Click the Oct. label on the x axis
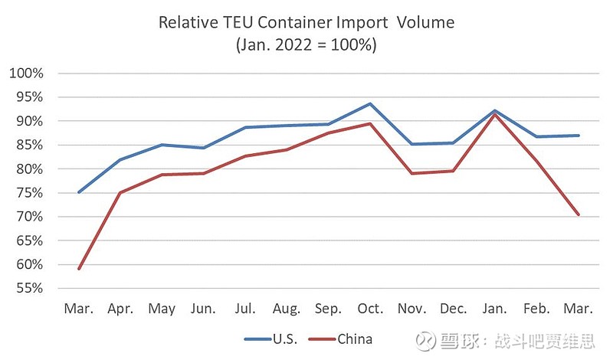[x=370, y=309]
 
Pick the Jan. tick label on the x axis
[x=495, y=309]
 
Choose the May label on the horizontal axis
[x=162, y=309]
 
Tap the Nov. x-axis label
[x=411, y=309]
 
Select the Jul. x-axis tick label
[x=245, y=309]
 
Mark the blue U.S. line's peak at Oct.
[x=370, y=103]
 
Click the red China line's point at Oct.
[x=370, y=123]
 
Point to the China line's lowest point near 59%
[x=80, y=269]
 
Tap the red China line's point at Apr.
[x=121, y=192]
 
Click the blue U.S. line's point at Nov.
[x=411, y=144]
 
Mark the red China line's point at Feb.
[x=536, y=161]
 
